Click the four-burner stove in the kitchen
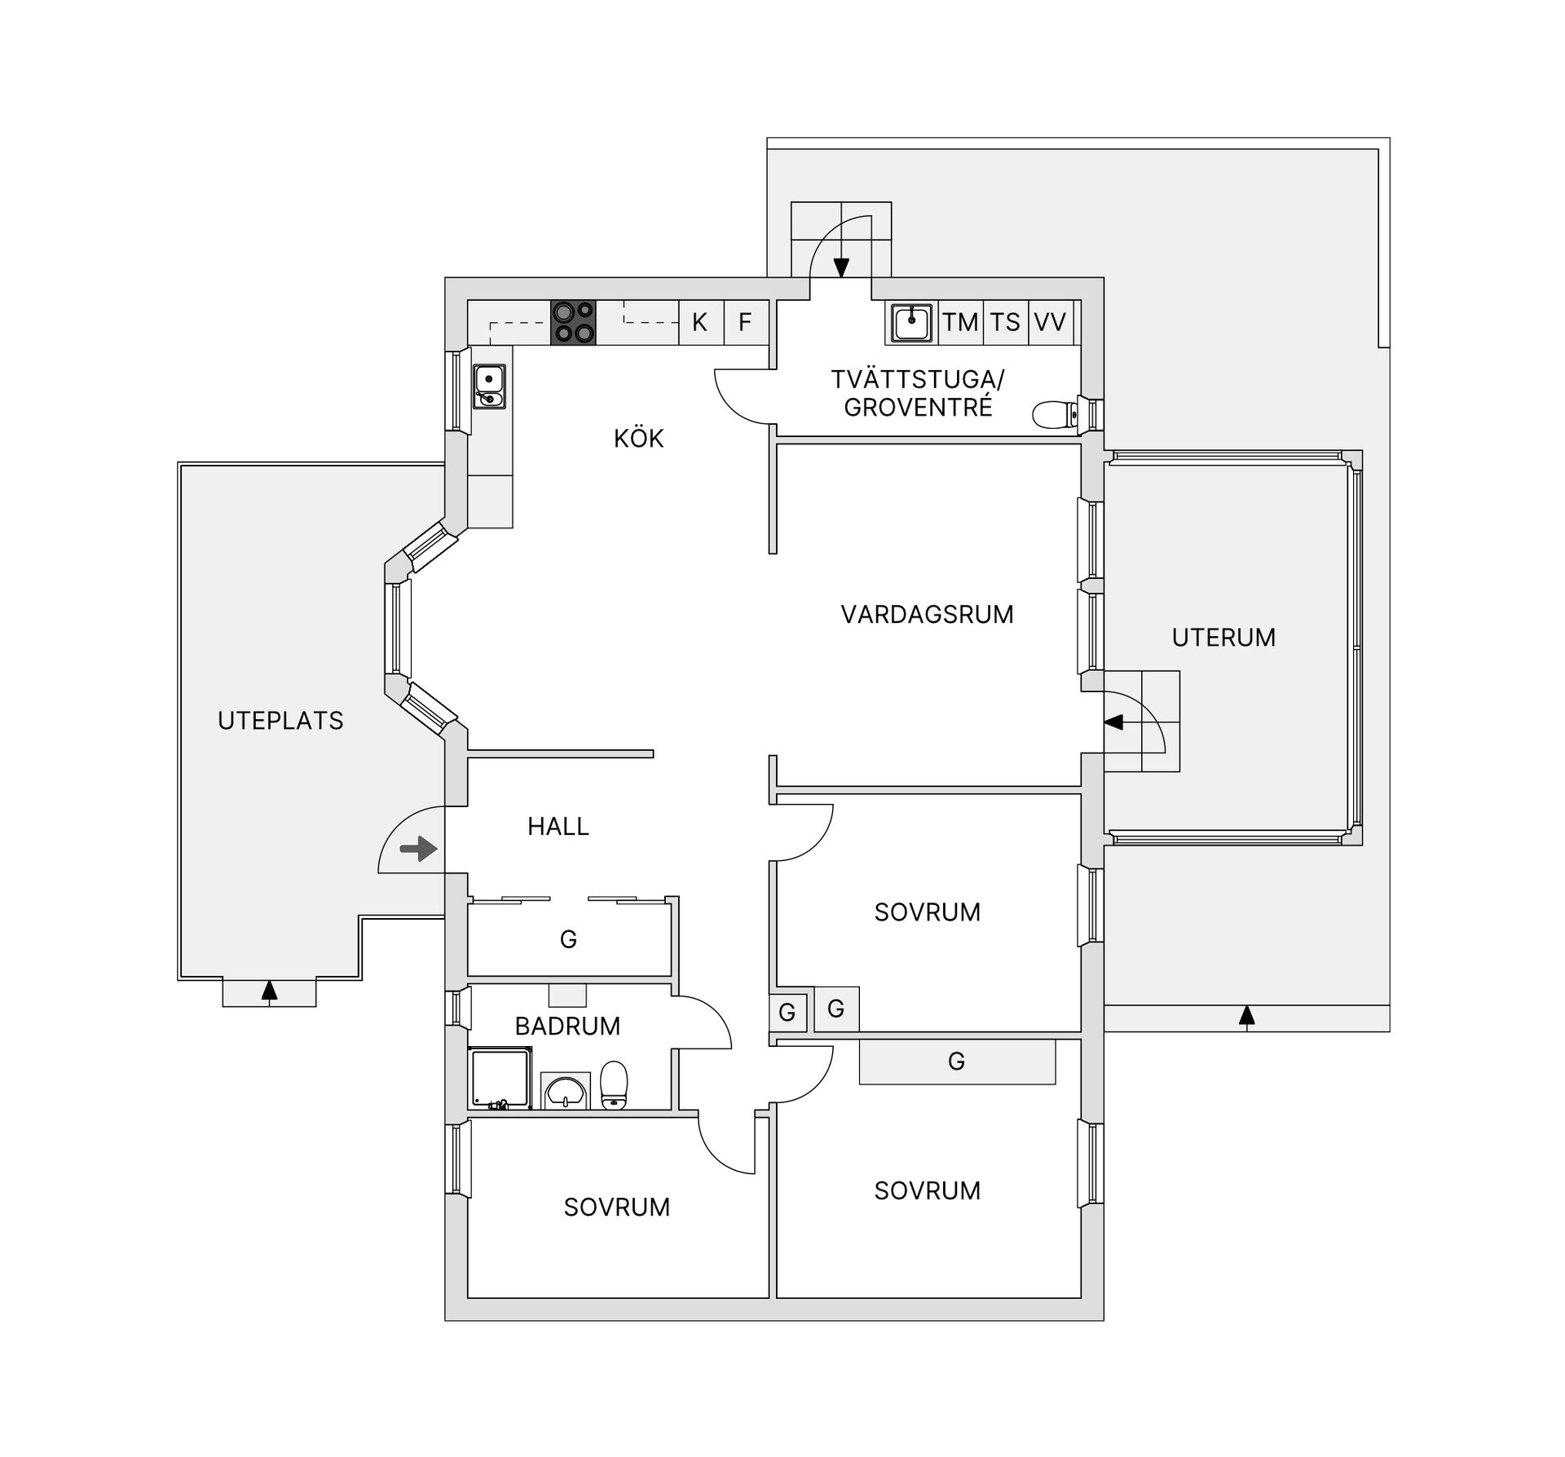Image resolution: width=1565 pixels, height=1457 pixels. [573, 323]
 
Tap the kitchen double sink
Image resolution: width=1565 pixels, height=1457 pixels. [489, 386]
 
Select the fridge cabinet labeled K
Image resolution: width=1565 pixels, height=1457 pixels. [700, 323]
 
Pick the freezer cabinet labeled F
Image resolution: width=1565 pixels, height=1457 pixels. [745, 323]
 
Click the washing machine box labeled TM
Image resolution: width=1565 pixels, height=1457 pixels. [960, 323]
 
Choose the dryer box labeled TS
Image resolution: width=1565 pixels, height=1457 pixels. [1005, 323]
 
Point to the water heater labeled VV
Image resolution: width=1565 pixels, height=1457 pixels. [1050, 323]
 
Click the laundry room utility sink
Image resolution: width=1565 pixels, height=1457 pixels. [910, 323]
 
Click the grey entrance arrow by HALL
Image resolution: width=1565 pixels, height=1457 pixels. [419, 849]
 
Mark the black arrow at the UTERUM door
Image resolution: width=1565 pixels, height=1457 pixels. [1113, 722]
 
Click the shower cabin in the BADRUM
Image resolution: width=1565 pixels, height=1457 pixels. [500, 1079]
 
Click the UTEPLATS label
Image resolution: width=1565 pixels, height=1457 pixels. [280, 721]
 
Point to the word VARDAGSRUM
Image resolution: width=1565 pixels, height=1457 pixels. [927, 615]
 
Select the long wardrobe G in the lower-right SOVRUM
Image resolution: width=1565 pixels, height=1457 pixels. [957, 1062]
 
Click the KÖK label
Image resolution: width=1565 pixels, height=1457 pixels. [638, 439]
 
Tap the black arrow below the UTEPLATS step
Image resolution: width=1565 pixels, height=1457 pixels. [269, 991]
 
